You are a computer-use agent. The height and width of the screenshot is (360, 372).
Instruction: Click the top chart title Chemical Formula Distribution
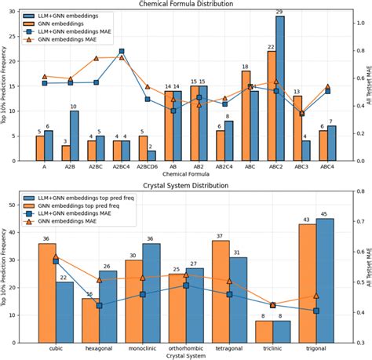tap(186, 4)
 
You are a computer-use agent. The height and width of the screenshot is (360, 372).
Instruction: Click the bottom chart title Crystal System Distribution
tap(186, 186)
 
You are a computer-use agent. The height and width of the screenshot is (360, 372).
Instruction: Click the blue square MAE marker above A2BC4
tap(122, 52)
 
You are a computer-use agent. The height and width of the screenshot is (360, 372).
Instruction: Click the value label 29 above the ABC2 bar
tap(280, 11)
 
